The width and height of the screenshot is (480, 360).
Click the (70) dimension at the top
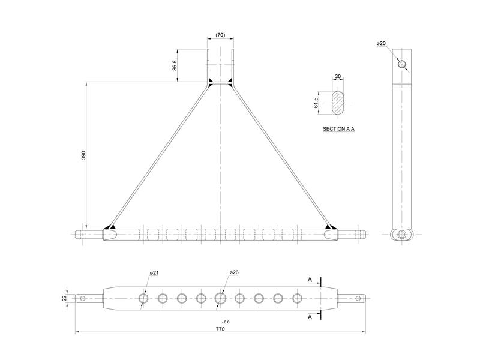[x=220, y=36]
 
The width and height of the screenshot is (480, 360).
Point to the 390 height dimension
[x=84, y=155]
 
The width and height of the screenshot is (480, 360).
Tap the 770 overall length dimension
[x=220, y=329]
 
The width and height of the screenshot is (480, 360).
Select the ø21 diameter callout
[x=154, y=273]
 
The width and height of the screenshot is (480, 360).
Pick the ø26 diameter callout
[x=234, y=273]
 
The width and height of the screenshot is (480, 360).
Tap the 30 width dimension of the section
[x=338, y=76]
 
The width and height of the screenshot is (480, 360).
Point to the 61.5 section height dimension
[x=316, y=103]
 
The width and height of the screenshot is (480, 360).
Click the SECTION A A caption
[x=338, y=129]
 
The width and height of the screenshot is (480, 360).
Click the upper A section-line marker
[x=309, y=280]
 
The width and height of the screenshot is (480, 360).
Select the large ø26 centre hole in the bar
[x=220, y=298]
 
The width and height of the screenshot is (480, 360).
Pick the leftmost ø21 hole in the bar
[x=143, y=298]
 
